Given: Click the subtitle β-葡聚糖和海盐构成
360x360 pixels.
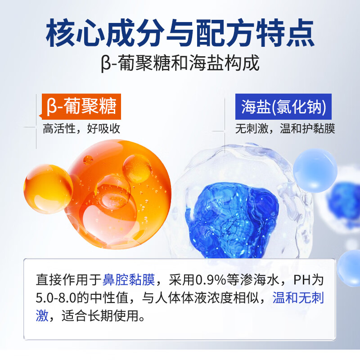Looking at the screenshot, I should [x=180, y=63].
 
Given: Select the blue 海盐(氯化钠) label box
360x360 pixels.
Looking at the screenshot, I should [x=283, y=107].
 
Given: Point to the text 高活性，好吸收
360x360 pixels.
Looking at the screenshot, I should [x=81, y=129].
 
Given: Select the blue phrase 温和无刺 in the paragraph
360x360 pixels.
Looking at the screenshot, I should [x=298, y=298].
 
